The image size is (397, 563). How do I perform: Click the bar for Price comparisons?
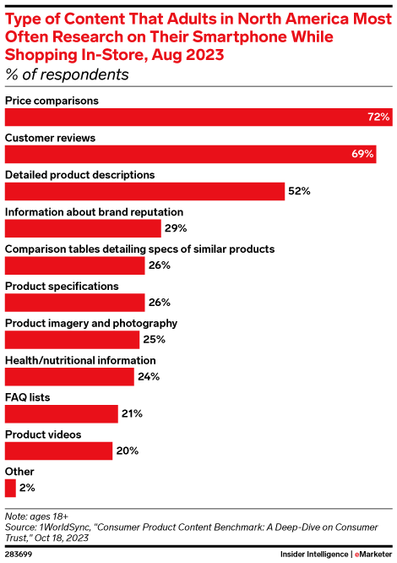(x=198, y=117)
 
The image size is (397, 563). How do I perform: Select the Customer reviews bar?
(x=190, y=154)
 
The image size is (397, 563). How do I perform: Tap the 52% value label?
(x=300, y=191)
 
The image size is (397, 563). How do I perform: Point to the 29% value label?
(x=176, y=228)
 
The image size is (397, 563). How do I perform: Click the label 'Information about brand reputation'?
(x=95, y=211)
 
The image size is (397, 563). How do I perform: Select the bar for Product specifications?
(x=75, y=302)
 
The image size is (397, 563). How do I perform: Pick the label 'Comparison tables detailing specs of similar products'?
(x=139, y=249)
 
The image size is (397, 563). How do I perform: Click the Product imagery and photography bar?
(x=72, y=339)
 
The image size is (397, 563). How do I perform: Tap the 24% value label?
(x=149, y=376)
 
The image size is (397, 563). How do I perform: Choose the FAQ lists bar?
(x=62, y=413)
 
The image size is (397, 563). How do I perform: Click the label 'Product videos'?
(x=43, y=434)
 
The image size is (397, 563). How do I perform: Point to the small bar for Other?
(x=10, y=488)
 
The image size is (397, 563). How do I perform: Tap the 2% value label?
(x=26, y=488)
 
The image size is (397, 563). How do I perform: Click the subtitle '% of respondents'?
(x=67, y=74)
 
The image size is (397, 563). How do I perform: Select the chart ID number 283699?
(x=21, y=554)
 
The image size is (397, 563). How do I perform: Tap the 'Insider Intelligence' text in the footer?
(x=313, y=554)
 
